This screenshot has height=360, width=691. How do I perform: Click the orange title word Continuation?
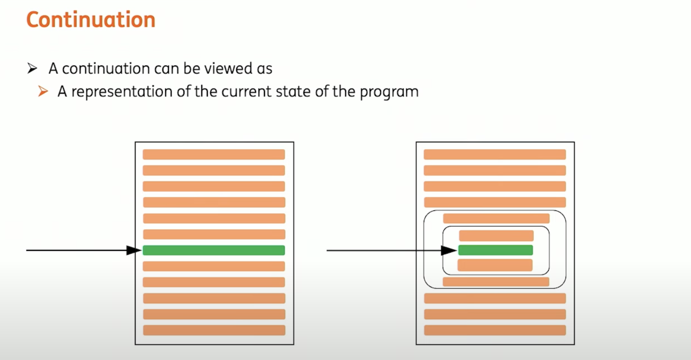91,20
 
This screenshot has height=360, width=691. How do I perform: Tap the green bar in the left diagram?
214,250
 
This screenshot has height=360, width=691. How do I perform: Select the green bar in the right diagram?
495,250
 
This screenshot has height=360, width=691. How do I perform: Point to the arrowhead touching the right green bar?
450,250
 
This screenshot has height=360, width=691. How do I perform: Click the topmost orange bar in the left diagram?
214,154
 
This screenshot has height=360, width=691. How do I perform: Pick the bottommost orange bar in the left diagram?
214,330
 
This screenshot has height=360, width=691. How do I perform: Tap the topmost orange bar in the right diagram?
495,154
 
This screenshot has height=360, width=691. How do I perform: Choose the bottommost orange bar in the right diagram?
495,330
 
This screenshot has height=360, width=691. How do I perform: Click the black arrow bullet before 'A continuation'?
32,69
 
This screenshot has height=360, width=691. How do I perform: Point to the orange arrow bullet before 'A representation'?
43,92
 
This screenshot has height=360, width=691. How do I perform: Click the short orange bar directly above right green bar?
496,236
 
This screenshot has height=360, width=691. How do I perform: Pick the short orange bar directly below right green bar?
495,265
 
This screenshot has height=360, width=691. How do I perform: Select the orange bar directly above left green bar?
214,234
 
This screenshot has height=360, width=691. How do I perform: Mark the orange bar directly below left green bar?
214,266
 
